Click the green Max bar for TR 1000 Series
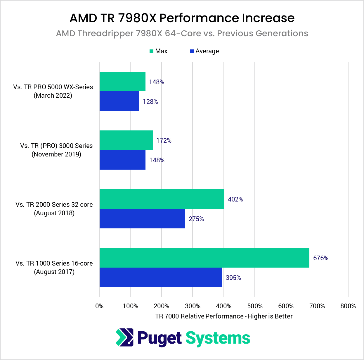coord(204,258)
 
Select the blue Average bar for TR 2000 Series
coord(142,218)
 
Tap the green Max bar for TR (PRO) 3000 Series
coord(126,140)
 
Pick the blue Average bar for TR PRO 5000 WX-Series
coord(119,101)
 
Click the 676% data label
coord(320,258)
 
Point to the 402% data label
coord(235,199)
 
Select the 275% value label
coord(196,219)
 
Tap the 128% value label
coord(150,101)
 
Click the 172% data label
coord(164,140)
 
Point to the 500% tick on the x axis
coord(255,306)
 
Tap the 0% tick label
coord(99,306)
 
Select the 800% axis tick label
coord(348,306)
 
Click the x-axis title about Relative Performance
coord(224,316)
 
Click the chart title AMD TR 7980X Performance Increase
coord(182,18)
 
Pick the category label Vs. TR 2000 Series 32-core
coord(54,204)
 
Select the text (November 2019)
coord(56,154)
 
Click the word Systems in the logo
coord(218,338)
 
